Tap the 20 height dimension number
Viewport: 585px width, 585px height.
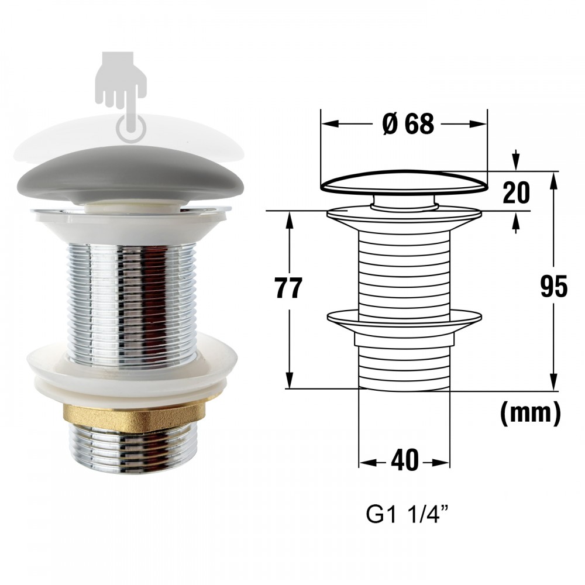(x=516, y=193)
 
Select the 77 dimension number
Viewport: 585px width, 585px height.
(x=288, y=288)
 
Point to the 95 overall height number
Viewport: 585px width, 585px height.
(x=554, y=287)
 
